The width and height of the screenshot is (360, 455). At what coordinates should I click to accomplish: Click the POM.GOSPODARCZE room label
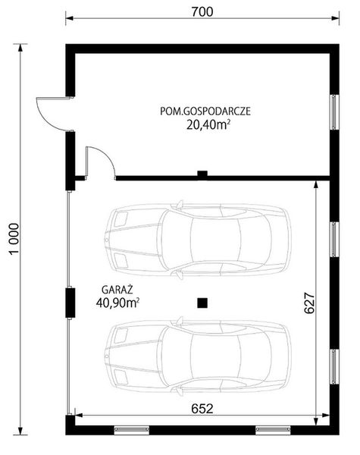coord(205,111)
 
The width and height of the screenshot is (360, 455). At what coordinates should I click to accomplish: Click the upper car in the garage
coord(198,239)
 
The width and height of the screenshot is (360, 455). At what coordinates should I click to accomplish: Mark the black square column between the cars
coord(202,303)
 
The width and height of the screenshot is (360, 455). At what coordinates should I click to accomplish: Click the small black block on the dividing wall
coord(202,174)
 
